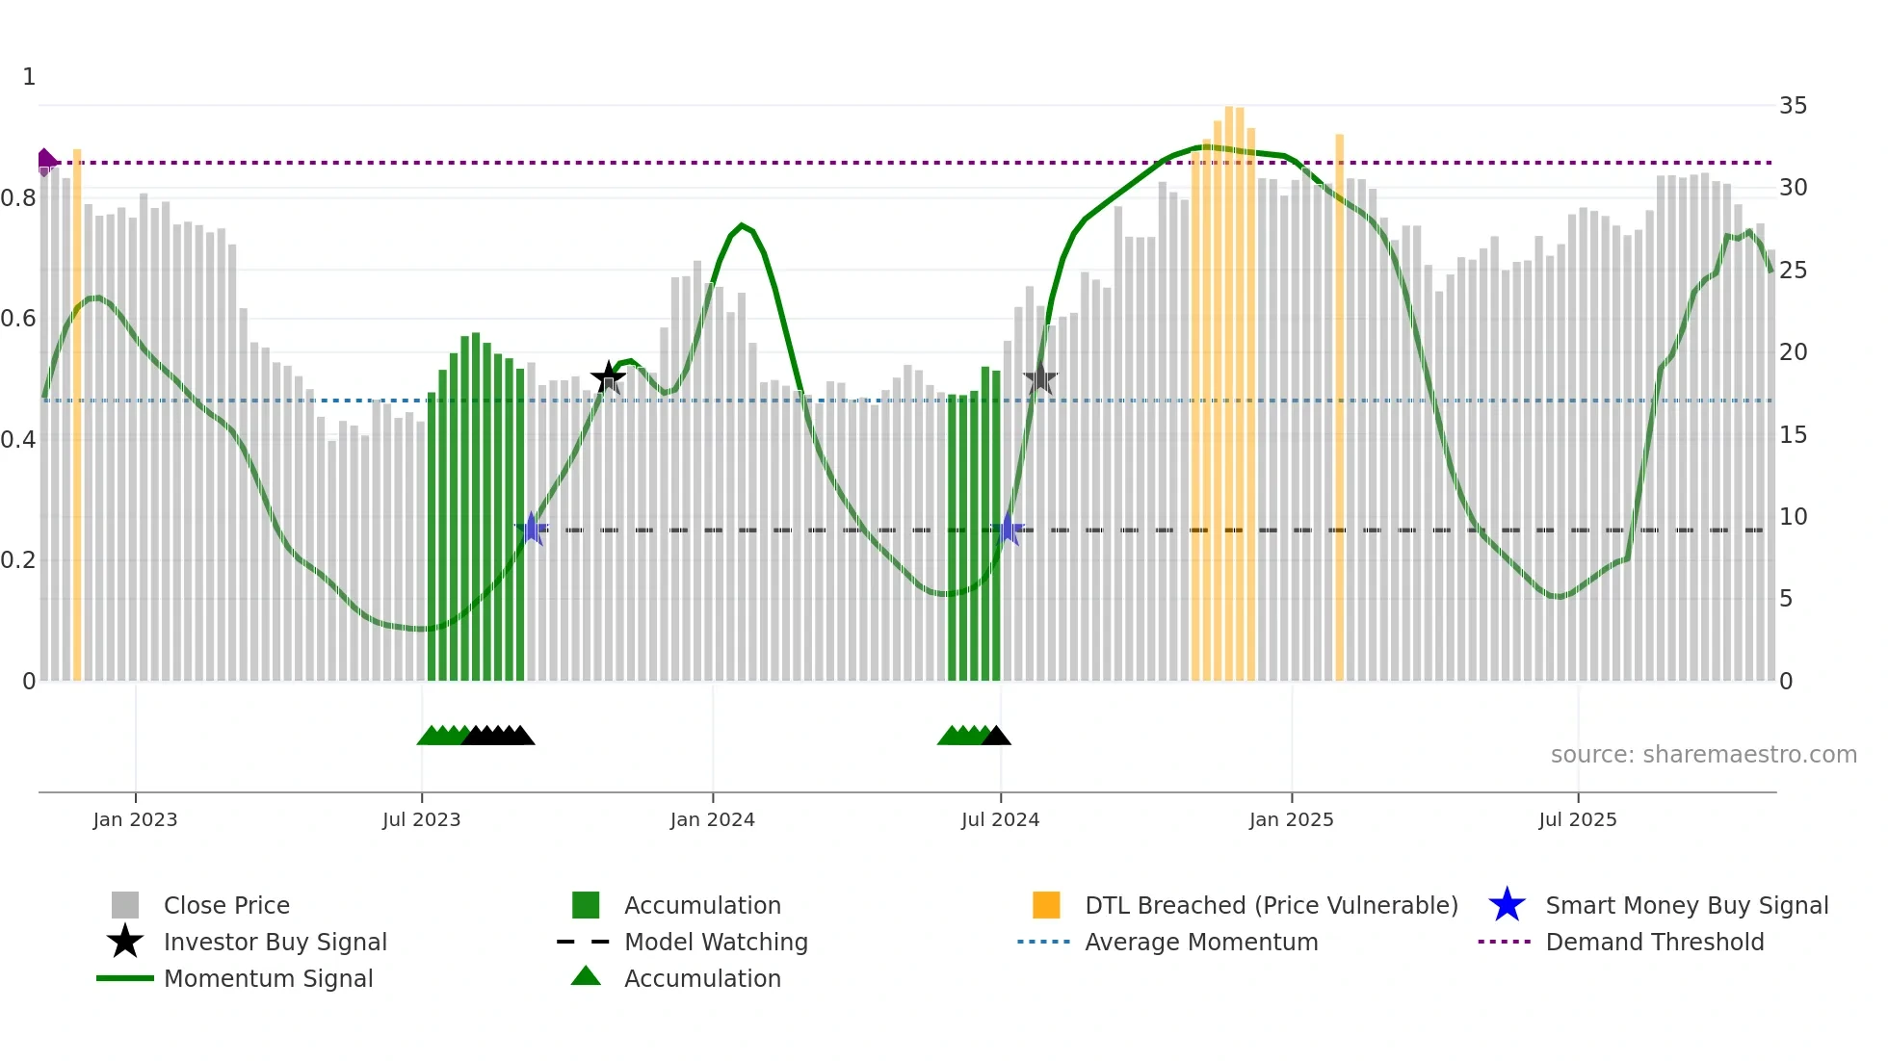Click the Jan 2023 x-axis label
pyautogui.click(x=135, y=819)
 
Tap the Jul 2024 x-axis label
pyautogui.click(x=1000, y=819)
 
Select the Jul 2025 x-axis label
pyautogui.click(x=1577, y=819)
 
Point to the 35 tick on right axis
pyautogui.click(x=1793, y=106)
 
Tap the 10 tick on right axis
pyautogui.click(x=1793, y=517)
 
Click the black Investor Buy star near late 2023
pyautogui.click(x=608, y=378)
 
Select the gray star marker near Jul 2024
pyautogui.click(x=1040, y=378)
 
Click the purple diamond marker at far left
pyautogui.click(x=45, y=162)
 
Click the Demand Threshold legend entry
pyautogui.click(x=1654, y=943)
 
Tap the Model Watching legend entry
pyautogui.click(x=715, y=943)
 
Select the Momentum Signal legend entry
pyautogui.click(x=268, y=979)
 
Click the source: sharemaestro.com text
pyautogui.click(x=1703, y=755)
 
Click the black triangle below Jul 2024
pyautogui.click(x=997, y=737)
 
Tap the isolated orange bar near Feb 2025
pyautogui.click(x=1339, y=404)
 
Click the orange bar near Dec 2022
pyautogui.click(x=77, y=414)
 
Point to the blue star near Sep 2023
pyautogui.click(x=531, y=529)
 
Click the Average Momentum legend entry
pyautogui.click(x=1200, y=943)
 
